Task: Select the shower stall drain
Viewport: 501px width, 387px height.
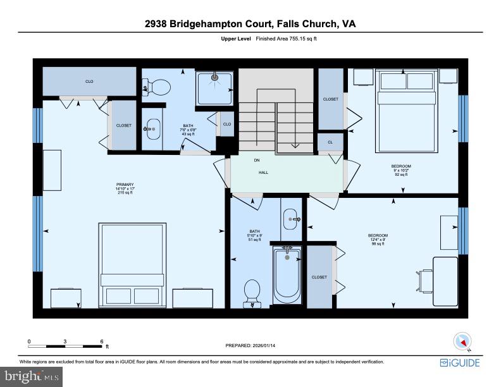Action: click(x=214, y=78)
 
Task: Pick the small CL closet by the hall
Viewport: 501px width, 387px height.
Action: click(x=330, y=143)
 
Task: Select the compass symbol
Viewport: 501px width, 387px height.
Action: click(x=462, y=342)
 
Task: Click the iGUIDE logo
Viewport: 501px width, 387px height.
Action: click(x=460, y=363)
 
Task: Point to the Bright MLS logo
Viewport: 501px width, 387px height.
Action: click(x=31, y=377)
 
